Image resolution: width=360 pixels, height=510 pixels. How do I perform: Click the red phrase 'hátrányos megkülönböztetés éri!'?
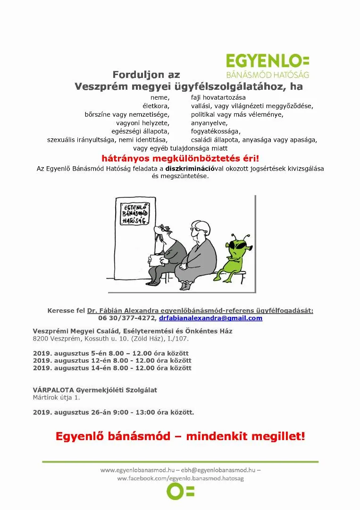(x=180, y=159)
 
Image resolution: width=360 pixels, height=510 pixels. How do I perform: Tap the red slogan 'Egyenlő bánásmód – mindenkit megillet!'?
(x=180, y=436)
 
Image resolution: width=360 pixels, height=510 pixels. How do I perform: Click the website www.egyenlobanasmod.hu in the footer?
(x=137, y=470)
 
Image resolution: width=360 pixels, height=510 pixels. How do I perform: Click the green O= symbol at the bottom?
(x=180, y=492)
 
